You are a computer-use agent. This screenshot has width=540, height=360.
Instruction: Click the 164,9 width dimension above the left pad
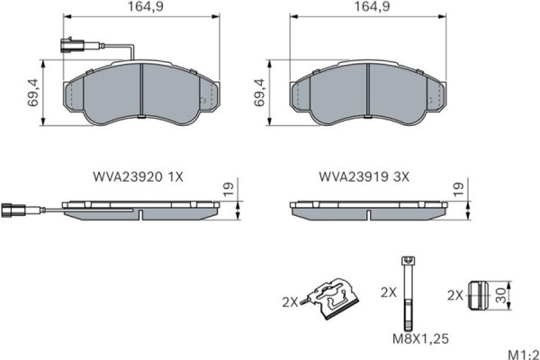coord(146,6)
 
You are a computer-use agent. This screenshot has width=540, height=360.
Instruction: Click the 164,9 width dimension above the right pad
coord(373,6)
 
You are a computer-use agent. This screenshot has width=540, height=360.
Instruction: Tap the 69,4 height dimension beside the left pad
coord(34,93)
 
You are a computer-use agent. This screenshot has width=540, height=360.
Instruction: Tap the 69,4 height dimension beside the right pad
coord(260,93)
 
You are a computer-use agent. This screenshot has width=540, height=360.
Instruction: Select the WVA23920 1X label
coord(138,176)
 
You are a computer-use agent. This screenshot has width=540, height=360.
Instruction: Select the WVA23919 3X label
coord(364,176)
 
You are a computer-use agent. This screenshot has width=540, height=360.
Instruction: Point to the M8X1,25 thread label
coord(420,339)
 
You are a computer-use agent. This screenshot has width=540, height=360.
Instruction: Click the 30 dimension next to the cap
coord(502,295)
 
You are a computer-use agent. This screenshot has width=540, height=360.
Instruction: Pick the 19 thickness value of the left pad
coord(229,190)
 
